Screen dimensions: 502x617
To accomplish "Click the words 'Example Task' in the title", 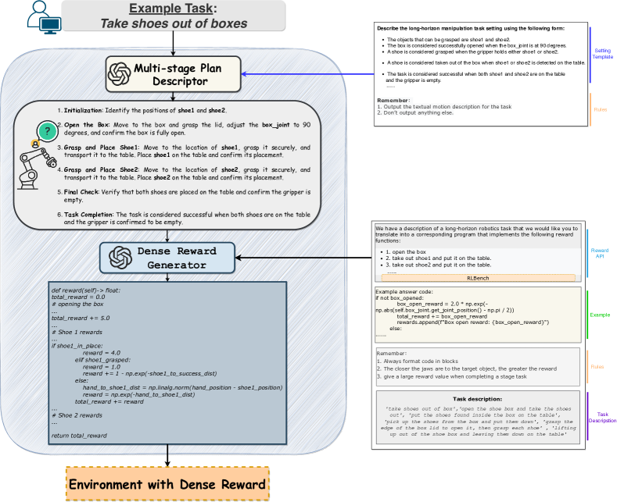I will (x=172, y=9).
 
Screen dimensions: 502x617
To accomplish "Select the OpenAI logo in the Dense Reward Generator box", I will (x=122, y=257).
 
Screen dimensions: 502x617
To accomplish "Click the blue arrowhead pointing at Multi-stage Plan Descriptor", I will (x=246, y=75).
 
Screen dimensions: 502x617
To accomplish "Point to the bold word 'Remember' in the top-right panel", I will (x=392, y=101).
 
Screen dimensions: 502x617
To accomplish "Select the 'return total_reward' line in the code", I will (x=79, y=435).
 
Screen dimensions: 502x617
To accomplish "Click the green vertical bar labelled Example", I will (x=587, y=314).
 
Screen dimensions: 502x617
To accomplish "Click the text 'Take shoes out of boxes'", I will (x=173, y=23).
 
